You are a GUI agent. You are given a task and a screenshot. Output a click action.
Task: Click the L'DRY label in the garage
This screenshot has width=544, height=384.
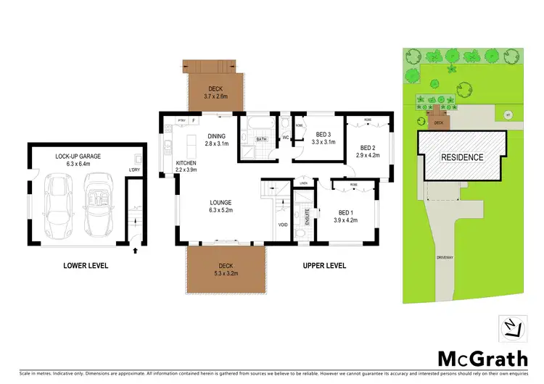[134, 171]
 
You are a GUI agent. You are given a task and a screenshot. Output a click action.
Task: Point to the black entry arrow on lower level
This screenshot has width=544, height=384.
[136, 251]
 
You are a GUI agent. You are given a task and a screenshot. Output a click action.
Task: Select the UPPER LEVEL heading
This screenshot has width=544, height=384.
[324, 266]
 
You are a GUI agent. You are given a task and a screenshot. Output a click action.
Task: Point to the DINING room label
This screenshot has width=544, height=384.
[217, 136]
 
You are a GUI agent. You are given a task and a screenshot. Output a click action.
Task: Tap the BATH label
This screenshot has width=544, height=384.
[260, 138]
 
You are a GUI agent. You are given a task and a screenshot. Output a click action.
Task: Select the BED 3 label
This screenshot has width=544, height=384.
[324, 134]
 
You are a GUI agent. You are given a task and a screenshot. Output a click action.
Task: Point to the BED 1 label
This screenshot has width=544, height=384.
[346, 212]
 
